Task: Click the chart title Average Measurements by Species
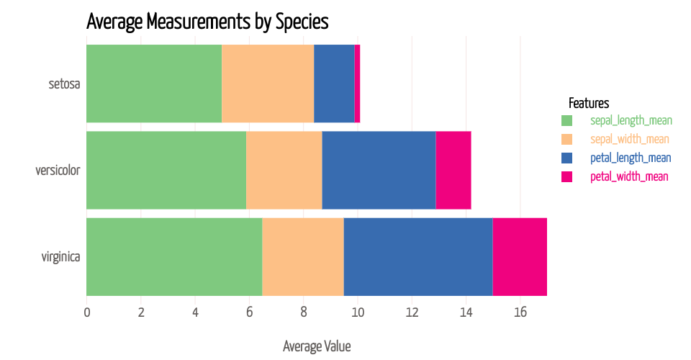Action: pos(207,22)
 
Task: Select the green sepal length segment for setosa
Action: pos(153,84)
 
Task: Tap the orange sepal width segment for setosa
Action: pos(267,84)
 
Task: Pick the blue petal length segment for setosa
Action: pos(334,84)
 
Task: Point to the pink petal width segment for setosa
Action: pos(357,84)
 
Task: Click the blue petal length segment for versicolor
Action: pos(379,170)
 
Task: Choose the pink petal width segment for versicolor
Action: pos(453,170)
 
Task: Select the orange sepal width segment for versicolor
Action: pos(284,170)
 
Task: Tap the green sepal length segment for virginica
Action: pos(173,256)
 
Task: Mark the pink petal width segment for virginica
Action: pos(520,256)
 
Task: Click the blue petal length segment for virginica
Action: pos(418,256)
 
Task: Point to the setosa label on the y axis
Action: pos(63,84)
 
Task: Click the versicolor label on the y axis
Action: pos(58,171)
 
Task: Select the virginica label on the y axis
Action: pos(60,257)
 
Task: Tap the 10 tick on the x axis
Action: pos(358,312)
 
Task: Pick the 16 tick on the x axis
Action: pos(520,312)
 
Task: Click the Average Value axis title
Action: pos(317,346)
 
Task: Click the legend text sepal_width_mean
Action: pos(630,139)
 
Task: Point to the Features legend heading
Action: pos(589,102)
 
